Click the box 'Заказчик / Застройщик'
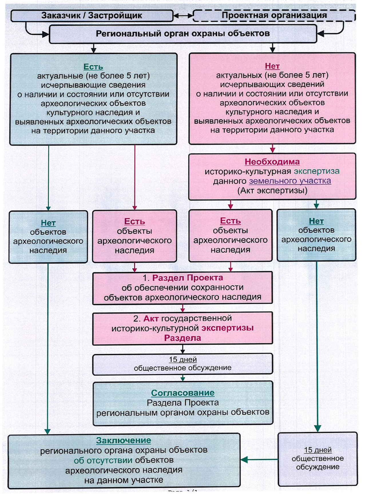point(92,15)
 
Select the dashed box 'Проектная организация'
point(274,15)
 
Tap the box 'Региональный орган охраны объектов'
point(182,34)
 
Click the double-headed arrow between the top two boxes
point(183,16)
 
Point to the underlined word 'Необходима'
point(272,162)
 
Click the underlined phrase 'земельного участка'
point(290,181)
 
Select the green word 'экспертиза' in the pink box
point(316,171)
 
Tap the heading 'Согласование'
point(182,393)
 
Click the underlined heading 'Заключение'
point(123,440)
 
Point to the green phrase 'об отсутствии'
point(103,460)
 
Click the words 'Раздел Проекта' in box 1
point(187,278)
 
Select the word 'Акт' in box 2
point(151,318)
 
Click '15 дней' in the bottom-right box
point(318,450)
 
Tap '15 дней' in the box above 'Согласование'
point(182,359)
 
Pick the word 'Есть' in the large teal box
point(93,67)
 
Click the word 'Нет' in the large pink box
point(272,66)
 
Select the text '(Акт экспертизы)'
point(272,190)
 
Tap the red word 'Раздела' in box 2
point(182,338)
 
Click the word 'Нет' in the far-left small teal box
point(48,223)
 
